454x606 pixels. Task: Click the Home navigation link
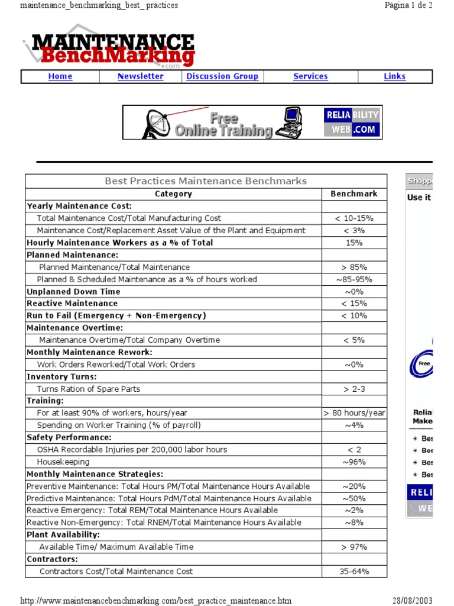pos(60,76)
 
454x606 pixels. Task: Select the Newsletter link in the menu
pos(141,76)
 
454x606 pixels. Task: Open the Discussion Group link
pos(222,76)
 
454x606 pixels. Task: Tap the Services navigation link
pos(310,76)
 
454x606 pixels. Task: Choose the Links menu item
pos(394,76)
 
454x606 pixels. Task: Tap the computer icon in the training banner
pos(293,122)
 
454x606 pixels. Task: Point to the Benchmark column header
pos(354,194)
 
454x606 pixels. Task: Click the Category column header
pos(173,194)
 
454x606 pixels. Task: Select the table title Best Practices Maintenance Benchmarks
pos(206,181)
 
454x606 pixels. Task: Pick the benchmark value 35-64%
pos(354,572)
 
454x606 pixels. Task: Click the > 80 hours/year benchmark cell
pos(354,413)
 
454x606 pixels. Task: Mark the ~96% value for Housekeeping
pos(354,462)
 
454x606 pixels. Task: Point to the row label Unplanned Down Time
pos(73,292)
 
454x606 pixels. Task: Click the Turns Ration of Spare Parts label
pos(89,389)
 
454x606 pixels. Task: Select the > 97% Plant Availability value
pos(354,547)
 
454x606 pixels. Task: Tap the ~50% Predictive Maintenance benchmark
pos(354,498)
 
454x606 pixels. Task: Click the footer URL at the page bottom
pos(156,601)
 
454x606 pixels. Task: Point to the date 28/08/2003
pos(412,601)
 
